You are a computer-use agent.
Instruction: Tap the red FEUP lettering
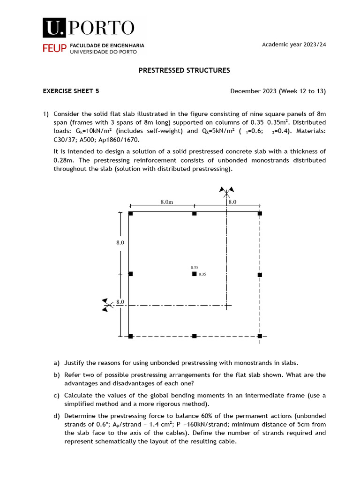55,49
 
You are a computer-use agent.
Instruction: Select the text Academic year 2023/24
293,44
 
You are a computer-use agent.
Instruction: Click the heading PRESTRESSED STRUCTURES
184,70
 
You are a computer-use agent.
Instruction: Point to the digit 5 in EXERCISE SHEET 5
97,91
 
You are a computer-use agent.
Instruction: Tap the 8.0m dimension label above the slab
167,202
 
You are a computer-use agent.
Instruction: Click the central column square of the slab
194,274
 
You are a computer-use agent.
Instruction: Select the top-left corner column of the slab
131,213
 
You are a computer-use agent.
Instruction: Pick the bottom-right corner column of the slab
260,336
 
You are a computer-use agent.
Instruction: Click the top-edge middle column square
194,213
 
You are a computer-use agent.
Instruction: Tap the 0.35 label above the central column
195,267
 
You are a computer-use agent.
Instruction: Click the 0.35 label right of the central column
202,274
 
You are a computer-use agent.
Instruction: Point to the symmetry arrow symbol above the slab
227,191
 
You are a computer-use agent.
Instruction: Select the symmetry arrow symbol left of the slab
108,305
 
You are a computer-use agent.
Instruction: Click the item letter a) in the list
57,363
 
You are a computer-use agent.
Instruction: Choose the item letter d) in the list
57,416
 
